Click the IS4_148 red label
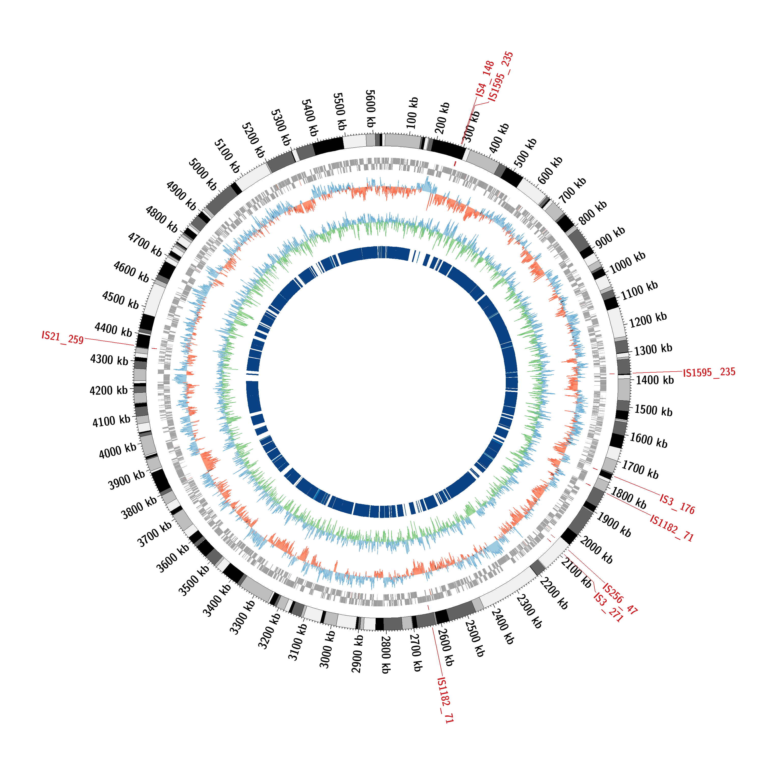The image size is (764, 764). (x=485, y=79)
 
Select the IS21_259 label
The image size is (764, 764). (x=62, y=338)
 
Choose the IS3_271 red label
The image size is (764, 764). (x=608, y=608)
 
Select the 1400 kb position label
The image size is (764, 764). (x=654, y=380)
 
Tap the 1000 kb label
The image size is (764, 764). (x=627, y=263)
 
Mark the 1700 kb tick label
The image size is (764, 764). (x=640, y=470)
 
